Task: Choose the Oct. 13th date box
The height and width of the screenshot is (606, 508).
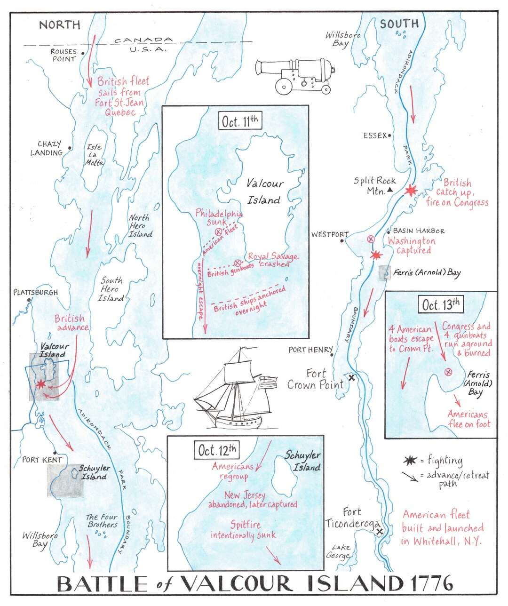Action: [x=441, y=304]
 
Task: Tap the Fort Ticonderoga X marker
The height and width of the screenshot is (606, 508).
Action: [x=380, y=531]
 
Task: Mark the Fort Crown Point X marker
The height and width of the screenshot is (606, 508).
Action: [x=351, y=377]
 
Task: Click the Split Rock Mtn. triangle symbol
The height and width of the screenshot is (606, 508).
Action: [x=390, y=191]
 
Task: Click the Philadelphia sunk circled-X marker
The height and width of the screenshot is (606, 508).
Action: [x=218, y=231]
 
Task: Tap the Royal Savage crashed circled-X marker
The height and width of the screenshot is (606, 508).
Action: [x=238, y=262]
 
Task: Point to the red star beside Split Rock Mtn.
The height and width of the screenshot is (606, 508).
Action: [x=412, y=190]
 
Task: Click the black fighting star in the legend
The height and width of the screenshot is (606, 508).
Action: [x=408, y=460]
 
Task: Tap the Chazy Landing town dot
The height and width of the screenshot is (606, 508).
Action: [x=70, y=148]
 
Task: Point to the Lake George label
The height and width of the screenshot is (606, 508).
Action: [x=341, y=551]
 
